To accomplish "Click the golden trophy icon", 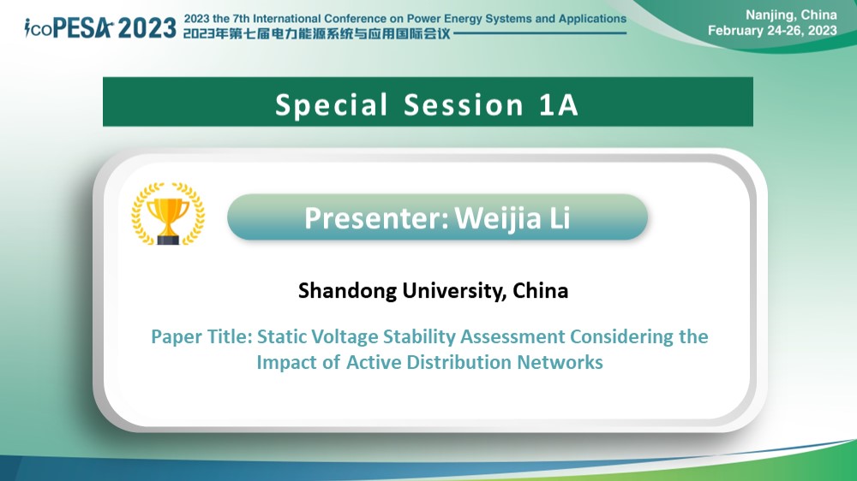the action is coord(168,213).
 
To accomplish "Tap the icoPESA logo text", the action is coord(69,28).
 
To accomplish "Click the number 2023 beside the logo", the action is coord(147,28).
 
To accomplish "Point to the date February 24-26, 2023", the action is coord(772,31).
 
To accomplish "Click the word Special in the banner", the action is coord(331,104).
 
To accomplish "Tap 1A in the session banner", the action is coord(559,104).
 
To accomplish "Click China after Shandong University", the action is coord(541,290).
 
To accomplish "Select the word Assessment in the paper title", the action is coord(512,336).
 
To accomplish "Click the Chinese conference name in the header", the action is coord(316,34).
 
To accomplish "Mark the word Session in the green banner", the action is coord(464,104).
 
